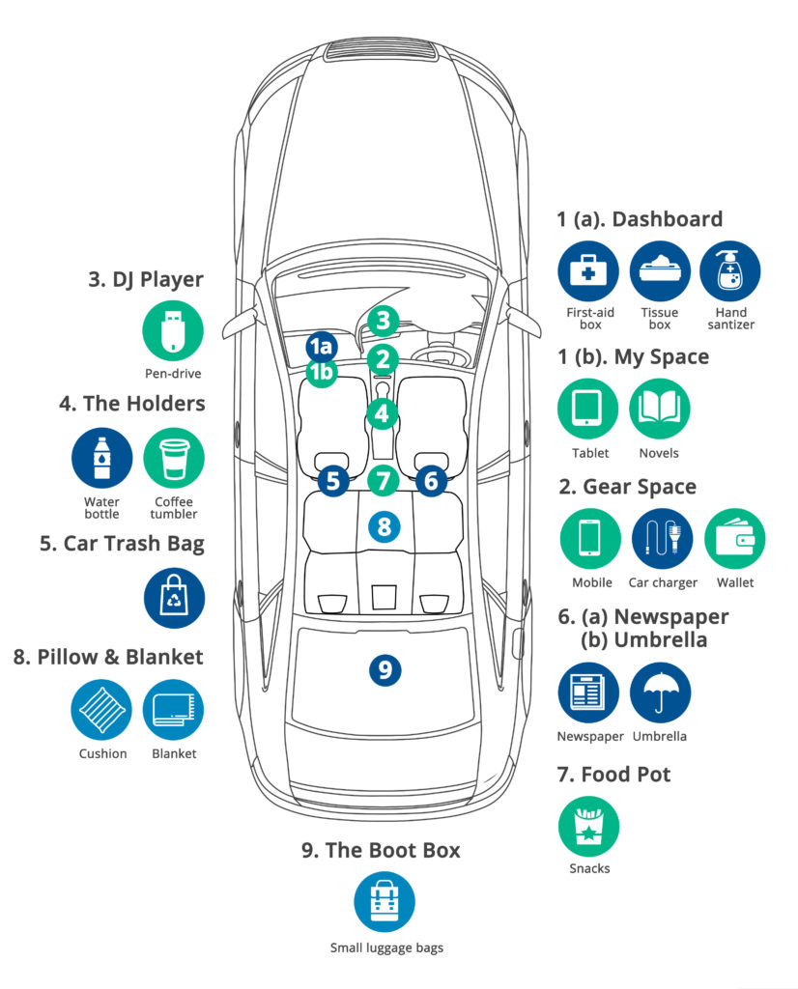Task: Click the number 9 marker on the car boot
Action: (x=385, y=669)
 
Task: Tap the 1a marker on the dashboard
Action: (x=322, y=346)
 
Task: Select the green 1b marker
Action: (x=322, y=372)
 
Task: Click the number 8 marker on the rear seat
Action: (x=385, y=526)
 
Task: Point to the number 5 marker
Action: (x=333, y=480)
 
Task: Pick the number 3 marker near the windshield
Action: (x=383, y=321)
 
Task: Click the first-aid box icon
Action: (x=586, y=270)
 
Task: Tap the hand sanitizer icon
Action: (x=730, y=270)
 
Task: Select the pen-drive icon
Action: (x=174, y=331)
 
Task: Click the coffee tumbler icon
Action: (x=174, y=458)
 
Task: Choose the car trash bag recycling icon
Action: (x=174, y=598)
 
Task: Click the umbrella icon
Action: (x=660, y=692)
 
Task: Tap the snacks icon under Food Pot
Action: (x=588, y=826)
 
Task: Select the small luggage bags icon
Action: (x=385, y=900)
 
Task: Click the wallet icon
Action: (x=734, y=538)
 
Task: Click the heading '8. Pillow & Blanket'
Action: (x=109, y=658)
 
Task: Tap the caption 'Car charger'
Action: (x=663, y=582)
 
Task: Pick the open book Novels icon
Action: (x=660, y=410)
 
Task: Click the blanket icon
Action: (x=174, y=711)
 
